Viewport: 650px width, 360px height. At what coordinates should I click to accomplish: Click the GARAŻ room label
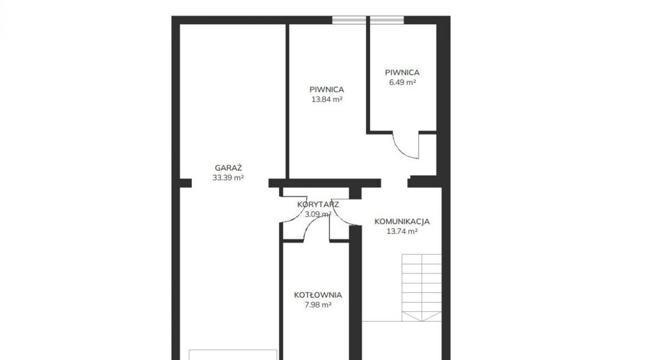228,168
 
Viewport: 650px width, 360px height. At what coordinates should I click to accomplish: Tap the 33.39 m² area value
228,178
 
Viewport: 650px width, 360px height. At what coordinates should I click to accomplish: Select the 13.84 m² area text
327,99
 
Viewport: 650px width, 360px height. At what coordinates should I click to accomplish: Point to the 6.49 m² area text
402,82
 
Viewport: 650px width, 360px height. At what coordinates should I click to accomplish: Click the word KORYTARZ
318,204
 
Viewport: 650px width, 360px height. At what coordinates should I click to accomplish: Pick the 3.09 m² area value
318,214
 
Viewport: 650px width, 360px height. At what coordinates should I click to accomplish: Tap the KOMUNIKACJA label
402,222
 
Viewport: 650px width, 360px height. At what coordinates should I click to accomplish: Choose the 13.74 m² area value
402,232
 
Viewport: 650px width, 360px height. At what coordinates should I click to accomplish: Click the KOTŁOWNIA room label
318,295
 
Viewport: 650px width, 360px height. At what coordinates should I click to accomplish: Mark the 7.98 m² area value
318,305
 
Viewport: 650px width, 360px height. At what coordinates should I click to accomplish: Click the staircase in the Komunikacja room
422,287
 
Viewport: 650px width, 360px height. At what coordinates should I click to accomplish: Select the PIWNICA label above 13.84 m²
327,89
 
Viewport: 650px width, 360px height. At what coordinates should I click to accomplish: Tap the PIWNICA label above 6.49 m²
402,72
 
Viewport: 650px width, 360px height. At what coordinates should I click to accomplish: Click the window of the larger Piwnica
349,20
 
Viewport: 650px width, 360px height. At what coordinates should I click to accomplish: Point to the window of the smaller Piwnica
387,20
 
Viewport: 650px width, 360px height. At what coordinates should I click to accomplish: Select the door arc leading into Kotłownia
311,224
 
